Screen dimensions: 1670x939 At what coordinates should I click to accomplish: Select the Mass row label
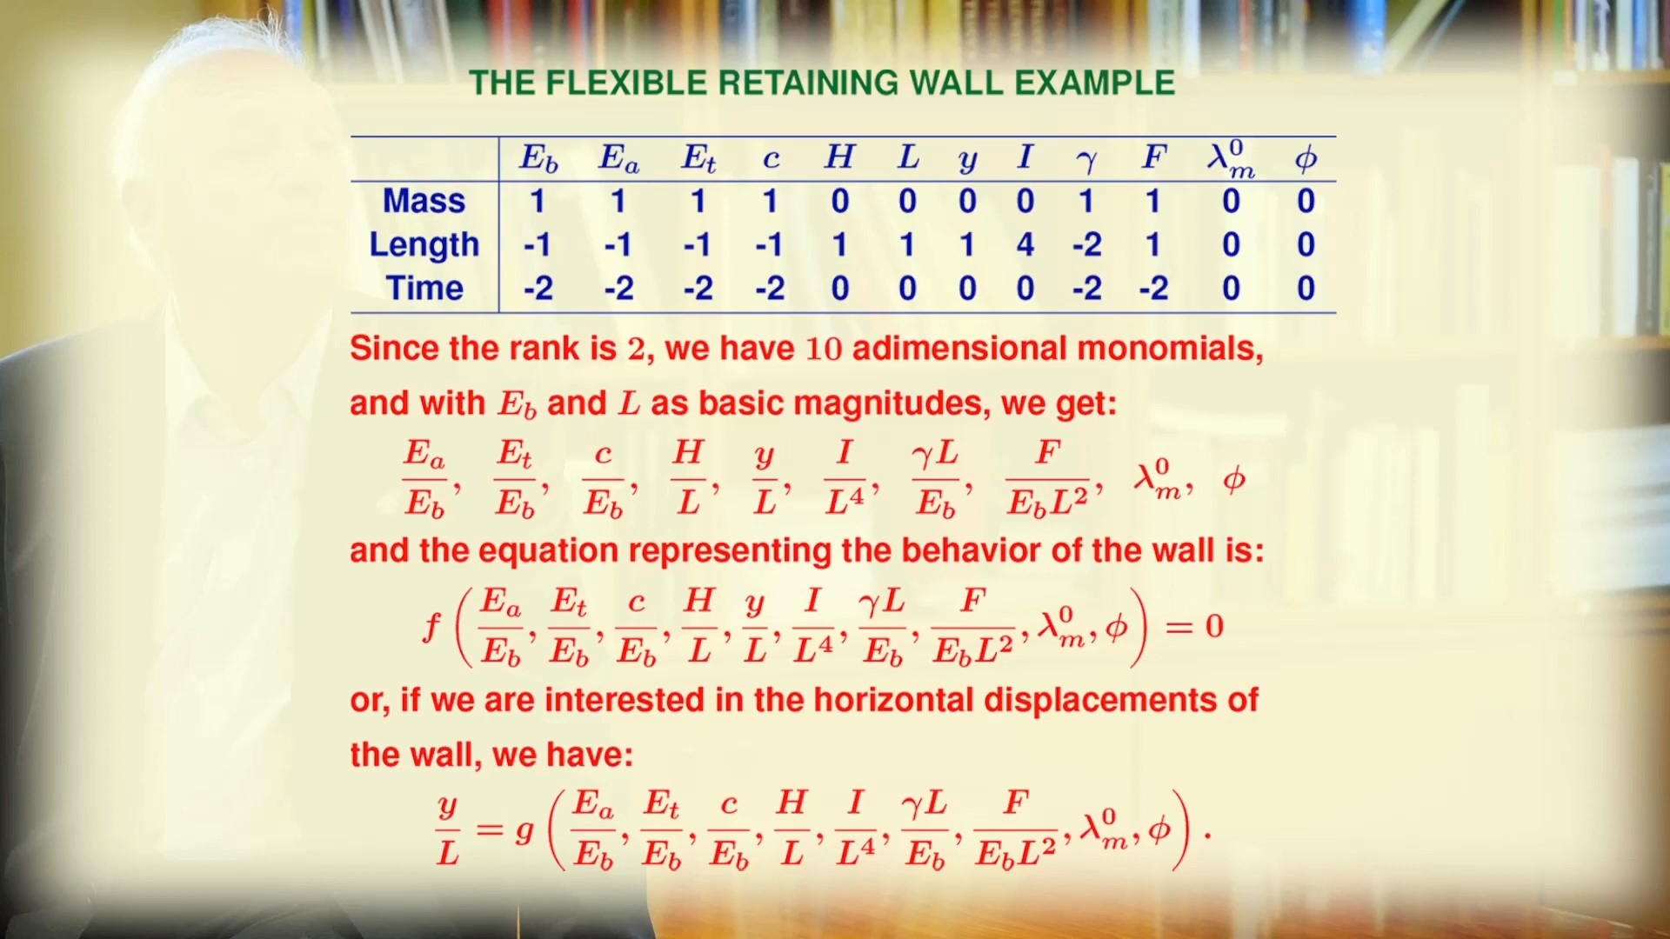point(424,201)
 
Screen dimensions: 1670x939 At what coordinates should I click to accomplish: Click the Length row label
point(424,245)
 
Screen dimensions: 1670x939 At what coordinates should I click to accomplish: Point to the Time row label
point(424,288)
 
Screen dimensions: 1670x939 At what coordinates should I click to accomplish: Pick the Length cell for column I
point(1025,245)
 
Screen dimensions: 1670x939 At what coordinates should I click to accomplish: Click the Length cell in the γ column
point(1087,245)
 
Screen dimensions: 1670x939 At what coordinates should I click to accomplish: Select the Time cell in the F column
point(1153,289)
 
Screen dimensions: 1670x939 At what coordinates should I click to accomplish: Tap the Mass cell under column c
point(770,202)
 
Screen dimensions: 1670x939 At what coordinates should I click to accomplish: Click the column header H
point(839,157)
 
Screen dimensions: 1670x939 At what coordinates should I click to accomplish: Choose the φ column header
point(1306,158)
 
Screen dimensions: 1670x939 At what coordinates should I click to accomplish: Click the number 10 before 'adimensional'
point(825,349)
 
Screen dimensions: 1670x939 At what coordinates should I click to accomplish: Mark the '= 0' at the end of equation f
point(1194,626)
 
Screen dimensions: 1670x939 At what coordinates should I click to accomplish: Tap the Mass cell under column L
point(907,202)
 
